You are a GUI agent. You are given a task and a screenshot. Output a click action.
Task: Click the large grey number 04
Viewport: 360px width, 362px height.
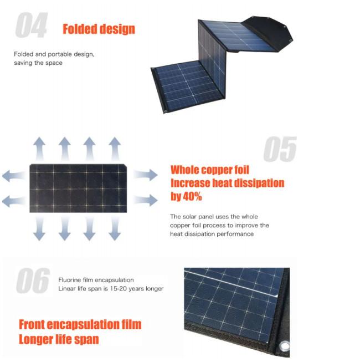point(32,25)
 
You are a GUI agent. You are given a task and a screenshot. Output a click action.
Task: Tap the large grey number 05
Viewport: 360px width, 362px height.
point(280,149)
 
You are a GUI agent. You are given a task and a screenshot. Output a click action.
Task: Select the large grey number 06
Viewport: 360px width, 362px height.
point(33,281)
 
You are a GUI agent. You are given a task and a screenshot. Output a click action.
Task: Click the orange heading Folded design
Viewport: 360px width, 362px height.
point(99,29)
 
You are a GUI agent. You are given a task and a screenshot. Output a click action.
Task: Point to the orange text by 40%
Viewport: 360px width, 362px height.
point(186,196)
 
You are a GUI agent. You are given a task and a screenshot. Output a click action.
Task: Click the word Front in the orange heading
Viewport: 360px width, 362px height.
point(32,324)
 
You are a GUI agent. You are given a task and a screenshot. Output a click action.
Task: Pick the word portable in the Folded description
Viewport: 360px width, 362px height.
point(60,54)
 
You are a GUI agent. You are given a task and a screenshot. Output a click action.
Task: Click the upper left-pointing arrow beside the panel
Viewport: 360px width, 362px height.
point(14,175)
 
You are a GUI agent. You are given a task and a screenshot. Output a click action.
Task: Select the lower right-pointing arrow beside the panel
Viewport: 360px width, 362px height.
point(146,200)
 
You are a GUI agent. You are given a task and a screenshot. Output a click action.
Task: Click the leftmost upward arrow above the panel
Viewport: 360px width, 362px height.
point(39,149)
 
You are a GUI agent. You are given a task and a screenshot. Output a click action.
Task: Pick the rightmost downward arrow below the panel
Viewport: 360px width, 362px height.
point(115,228)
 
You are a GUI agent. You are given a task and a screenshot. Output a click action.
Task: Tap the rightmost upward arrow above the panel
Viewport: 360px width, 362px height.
point(115,149)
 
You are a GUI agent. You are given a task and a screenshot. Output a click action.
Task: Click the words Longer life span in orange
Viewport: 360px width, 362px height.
point(59,340)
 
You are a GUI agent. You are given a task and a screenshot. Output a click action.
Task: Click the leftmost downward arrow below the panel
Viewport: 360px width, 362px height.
point(39,228)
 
